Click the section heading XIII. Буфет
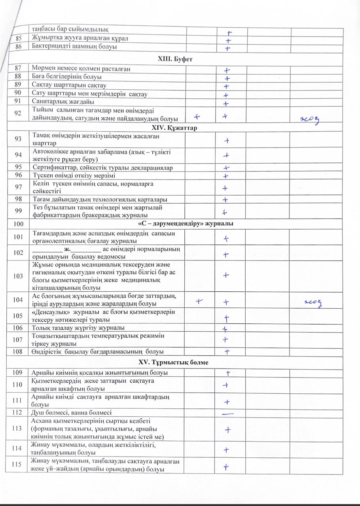pyautogui.click(x=174, y=59)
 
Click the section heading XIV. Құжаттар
pyautogui.click(x=174, y=128)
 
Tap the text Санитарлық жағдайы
pyautogui.click(x=63, y=102)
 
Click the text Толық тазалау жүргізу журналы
pyautogui.click(x=78, y=328)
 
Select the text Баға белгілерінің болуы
pyautogui.click(x=67, y=77)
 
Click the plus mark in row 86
pyautogui.click(x=227, y=49)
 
